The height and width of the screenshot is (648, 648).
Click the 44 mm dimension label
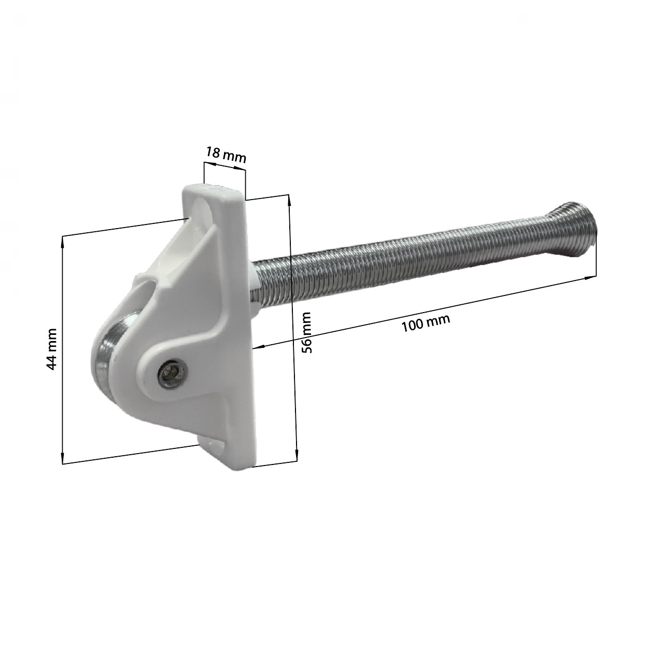click(51, 348)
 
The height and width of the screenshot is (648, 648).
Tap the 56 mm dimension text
click(307, 332)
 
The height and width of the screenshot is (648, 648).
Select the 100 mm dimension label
click(426, 323)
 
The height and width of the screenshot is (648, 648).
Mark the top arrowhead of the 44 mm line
click(63, 239)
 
